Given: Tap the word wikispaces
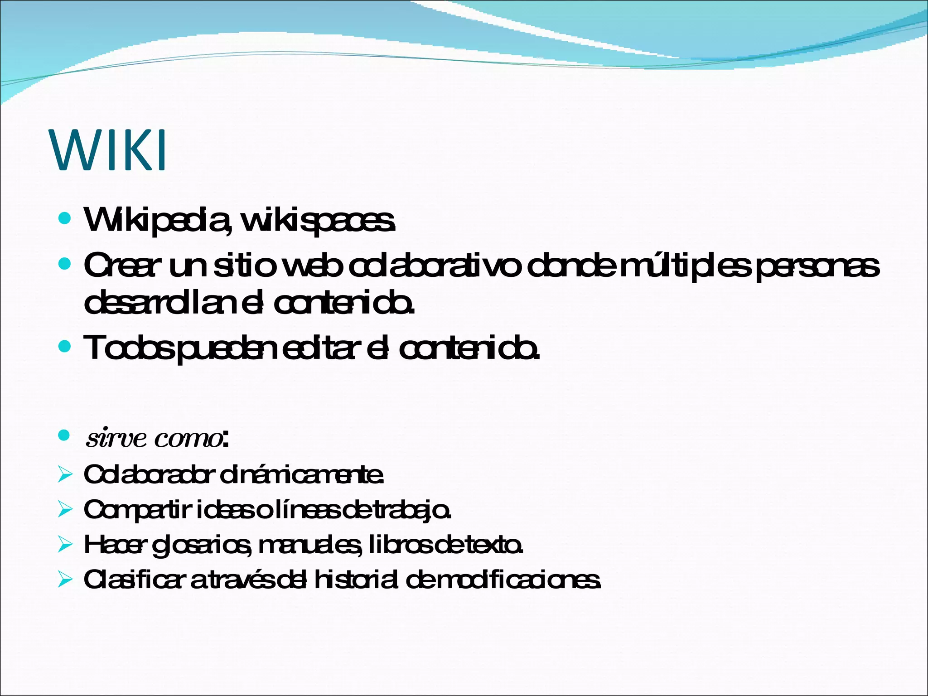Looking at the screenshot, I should point(318,221).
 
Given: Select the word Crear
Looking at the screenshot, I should point(122,266).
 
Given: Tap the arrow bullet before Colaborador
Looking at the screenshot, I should point(65,475).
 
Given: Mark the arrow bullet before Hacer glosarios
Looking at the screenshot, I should point(65,545).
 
